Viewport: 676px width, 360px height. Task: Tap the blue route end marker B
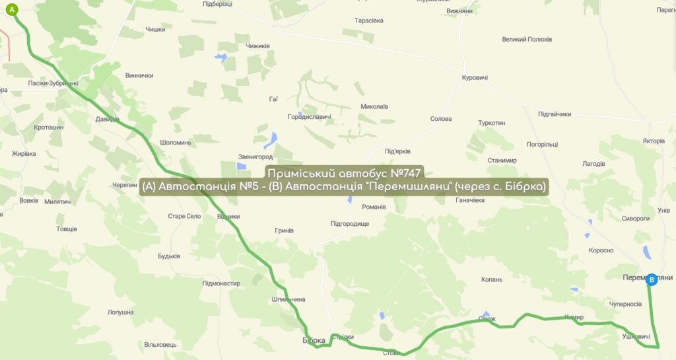click(x=652, y=280)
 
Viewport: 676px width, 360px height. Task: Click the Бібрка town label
click(x=314, y=340)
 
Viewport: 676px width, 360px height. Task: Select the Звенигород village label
click(x=255, y=157)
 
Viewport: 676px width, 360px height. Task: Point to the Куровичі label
click(x=475, y=78)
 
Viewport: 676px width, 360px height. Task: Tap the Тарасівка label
click(x=368, y=20)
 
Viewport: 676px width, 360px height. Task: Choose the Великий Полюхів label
click(x=527, y=40)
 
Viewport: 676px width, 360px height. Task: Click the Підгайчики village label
click(x=555, y=114)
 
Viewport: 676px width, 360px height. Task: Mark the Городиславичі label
click(x=309, y=117)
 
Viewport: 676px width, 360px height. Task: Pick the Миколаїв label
click(x=374, y=106)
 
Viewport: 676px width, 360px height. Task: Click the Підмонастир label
click(x=221, y=283)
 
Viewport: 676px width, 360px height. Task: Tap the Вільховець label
click(x=160, y=345)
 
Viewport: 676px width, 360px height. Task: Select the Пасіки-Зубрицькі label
click(x=53, y=83)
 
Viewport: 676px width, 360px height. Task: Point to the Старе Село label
click(x=184, y=216)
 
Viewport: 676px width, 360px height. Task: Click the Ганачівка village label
click(x=466, y=200)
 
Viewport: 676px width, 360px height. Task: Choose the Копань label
click(x=492, y=279)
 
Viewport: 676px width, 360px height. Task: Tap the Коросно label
click(x=601, y=250)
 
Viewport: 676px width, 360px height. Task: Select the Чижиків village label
click(x=257, y=46)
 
